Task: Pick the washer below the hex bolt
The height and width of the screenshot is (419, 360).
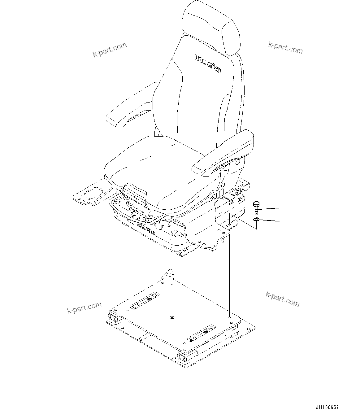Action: coord(256,220)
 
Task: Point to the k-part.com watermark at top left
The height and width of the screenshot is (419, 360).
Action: coord(110,50)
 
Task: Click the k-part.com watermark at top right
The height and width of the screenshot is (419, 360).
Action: coord(285,48)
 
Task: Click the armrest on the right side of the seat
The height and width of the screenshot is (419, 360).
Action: coord(223,155)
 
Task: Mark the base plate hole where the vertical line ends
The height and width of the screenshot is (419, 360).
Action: coord(229,317)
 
